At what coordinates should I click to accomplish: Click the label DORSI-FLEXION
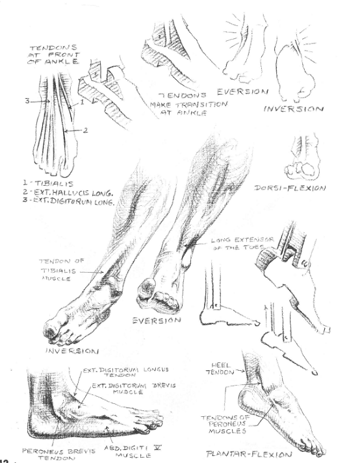[290, 188]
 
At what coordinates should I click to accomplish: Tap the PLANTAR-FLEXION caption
[249, 454]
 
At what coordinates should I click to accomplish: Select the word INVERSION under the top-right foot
[293, 108]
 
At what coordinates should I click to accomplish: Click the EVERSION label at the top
[242, 92]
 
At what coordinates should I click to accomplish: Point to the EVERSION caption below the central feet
[157, 320]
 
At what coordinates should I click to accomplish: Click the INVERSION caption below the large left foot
[72, 351]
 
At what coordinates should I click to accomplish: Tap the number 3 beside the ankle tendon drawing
[27, 101]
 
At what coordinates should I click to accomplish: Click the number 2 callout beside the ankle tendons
[85, 130]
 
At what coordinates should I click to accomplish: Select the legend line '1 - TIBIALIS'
[48, 183]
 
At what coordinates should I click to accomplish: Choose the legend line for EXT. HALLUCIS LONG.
[68, 193]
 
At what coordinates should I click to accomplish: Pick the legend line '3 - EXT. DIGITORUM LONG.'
[69, 202]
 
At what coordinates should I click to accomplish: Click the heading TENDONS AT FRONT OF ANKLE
[54, 55]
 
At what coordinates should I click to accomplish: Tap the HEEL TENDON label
[220, 369]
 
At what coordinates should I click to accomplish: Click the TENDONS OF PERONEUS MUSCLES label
[226, 424]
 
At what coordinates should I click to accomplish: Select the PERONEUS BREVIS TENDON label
[59, 455]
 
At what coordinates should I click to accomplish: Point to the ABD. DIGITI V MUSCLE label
[133, 451]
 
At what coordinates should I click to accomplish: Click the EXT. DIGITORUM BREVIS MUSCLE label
[134, 388]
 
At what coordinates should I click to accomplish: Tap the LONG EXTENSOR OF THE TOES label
[242, 244]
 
